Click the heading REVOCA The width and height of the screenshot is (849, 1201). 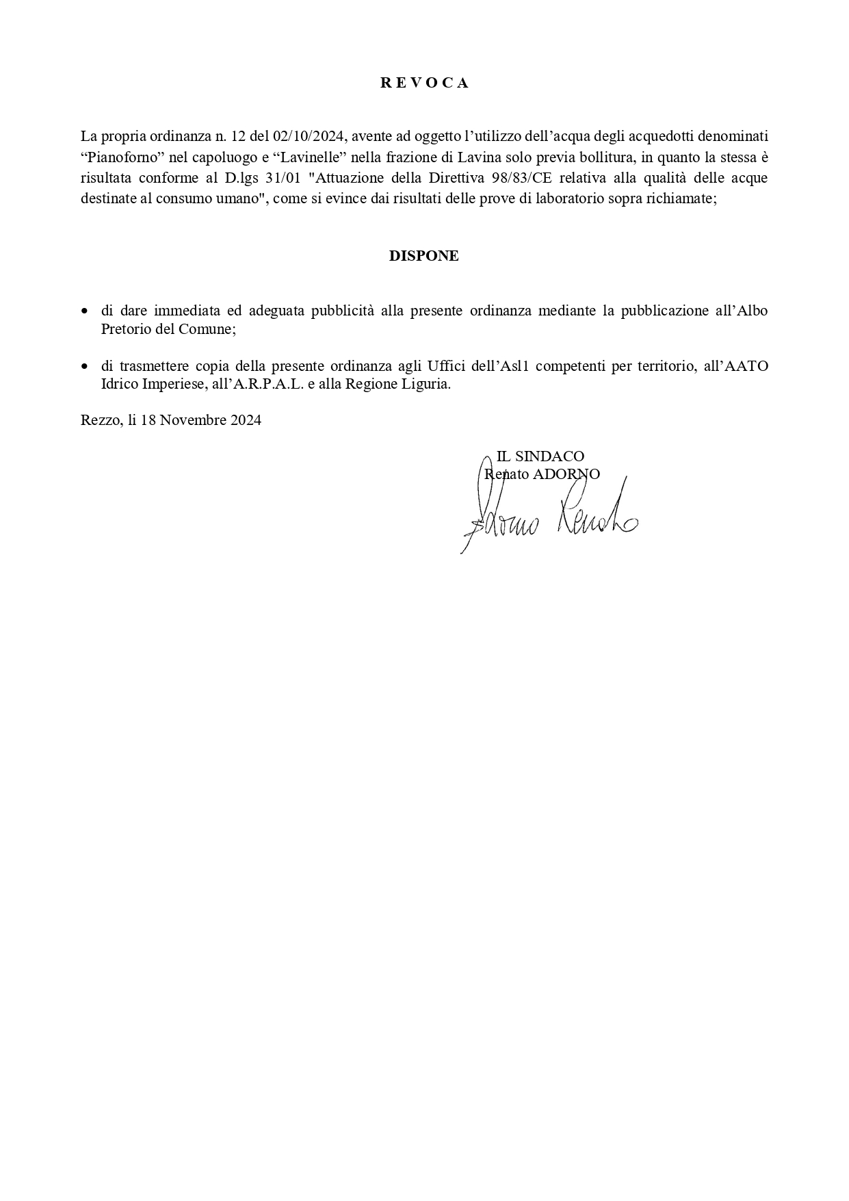[x=424, y=83]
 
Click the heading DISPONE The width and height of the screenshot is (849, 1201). [x=424, y=256]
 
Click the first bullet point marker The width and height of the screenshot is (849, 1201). [x=85, y=311]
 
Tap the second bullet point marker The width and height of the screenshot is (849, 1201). [x=85, y=367]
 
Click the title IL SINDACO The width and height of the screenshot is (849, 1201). [x=540, y=456]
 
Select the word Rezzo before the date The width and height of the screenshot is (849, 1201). [x=100, y=420]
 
